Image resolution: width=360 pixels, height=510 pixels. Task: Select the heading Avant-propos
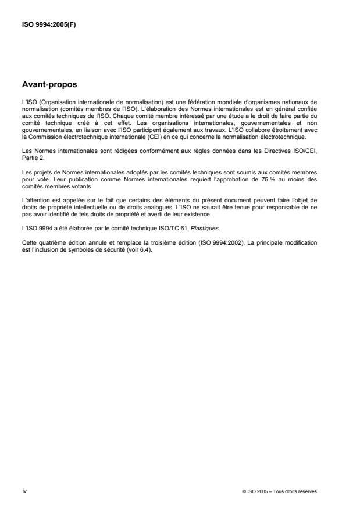click(x=49, y=85)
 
